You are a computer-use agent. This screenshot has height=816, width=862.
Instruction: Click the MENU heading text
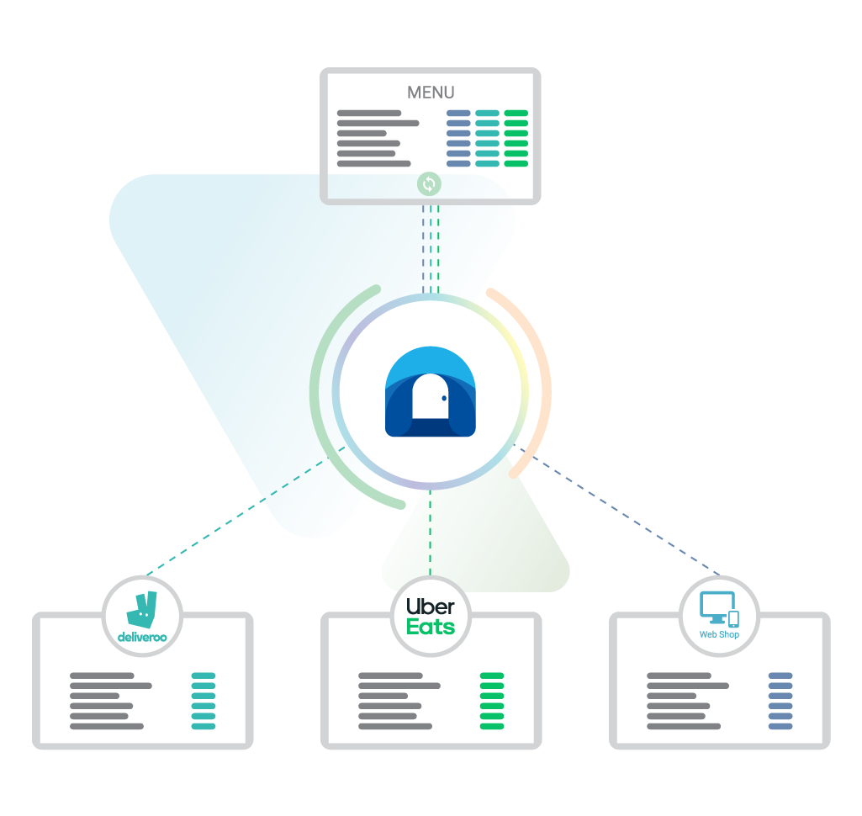click(431, 93)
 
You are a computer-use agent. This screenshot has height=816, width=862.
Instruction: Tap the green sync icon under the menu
click(429, 183)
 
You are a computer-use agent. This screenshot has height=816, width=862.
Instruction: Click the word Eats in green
click(430, 628)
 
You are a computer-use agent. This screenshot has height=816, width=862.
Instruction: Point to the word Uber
click(430, 606)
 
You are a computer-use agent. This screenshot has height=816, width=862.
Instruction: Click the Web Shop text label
click(719, 634)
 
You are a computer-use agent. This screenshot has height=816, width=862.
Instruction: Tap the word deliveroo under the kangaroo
click(141, 637)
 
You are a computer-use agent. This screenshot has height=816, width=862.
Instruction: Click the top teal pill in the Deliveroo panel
click(204, 676)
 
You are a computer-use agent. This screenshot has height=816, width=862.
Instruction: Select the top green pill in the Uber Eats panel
click(492, 676)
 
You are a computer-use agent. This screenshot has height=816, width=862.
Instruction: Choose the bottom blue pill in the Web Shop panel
click(780, 726)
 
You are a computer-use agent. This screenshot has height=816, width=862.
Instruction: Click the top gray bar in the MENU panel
click(369, 113)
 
